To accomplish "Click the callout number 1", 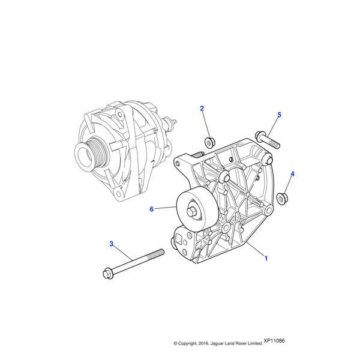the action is click(x=266, y=258).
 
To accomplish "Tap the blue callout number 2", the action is click(x=202, y=109).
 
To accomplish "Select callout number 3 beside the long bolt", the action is click(x=111, y=244).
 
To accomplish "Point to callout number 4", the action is click(x=292, y=175).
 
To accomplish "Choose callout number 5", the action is click(x=279, y=115).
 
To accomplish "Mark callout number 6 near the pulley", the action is click(x=152, y=209).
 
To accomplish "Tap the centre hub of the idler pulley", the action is click(x=194, y=211).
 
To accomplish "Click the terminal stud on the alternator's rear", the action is click(x=174, y=124).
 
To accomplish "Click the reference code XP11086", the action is click(x=274, y=341).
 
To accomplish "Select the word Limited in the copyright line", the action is click(x=254, y=344).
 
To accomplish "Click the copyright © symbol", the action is click(x=175, y=344).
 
